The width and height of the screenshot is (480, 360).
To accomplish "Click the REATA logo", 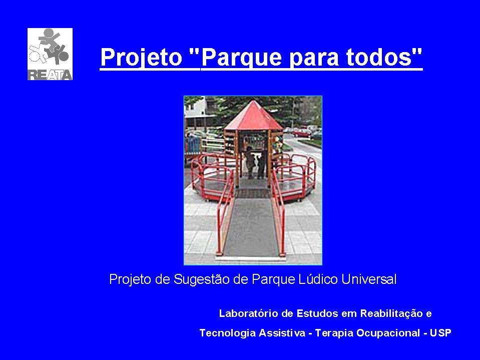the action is [50, 54].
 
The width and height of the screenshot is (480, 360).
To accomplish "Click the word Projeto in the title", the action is [142, 57].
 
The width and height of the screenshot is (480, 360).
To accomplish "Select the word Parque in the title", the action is [241, 57].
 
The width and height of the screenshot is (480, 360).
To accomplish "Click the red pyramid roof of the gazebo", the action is [253, 115].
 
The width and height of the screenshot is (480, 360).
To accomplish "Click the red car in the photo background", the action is [302, 133].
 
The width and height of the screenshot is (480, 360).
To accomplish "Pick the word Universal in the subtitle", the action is [369, 279].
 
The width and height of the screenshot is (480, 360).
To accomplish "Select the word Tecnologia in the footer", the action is [227, 333].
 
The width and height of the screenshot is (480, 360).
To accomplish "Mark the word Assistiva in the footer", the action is [282, 333].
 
